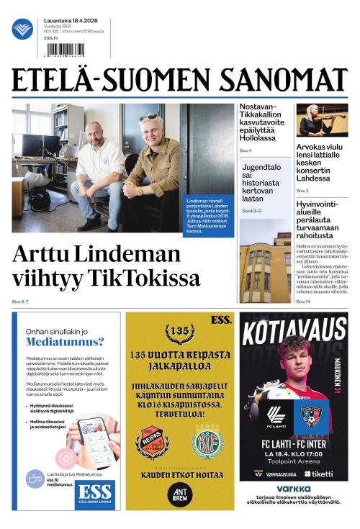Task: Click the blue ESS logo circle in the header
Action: pos(22,30)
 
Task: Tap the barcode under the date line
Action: pos(65,50)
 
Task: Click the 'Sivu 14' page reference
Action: pos(303,302)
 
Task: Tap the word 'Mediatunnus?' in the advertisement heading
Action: pos(66,342)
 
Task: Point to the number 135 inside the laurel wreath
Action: pos(179,332)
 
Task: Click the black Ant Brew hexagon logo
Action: pos(179,493)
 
